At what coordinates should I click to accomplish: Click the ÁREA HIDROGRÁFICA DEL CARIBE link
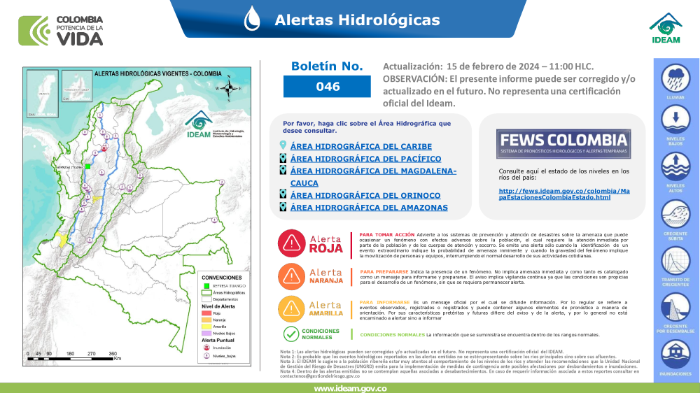360,147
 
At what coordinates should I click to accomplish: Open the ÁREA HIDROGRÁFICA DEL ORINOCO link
365,195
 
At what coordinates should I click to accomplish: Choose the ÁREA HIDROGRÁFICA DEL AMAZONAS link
369,208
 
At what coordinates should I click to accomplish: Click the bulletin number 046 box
327,87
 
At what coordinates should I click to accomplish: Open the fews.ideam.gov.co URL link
564,194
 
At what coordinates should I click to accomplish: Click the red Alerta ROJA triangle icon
290,242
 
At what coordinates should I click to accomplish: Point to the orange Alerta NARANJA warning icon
290,274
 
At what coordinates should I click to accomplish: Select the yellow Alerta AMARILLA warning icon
290,308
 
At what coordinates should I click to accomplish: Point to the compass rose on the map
229,89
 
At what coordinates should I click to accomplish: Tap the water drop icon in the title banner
252,19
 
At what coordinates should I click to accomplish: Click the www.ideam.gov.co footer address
350,387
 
